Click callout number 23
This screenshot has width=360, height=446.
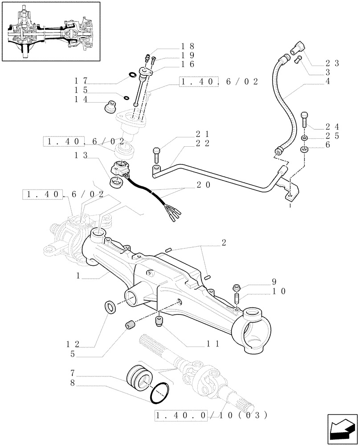click(332, 63)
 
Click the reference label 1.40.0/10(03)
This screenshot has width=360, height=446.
click(211, 416)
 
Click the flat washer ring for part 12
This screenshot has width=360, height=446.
click(110, 307)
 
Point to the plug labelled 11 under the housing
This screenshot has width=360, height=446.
click(160, 321)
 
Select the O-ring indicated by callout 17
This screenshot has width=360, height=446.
click(132, 74)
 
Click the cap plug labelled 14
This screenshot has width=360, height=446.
click(109, 108)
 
